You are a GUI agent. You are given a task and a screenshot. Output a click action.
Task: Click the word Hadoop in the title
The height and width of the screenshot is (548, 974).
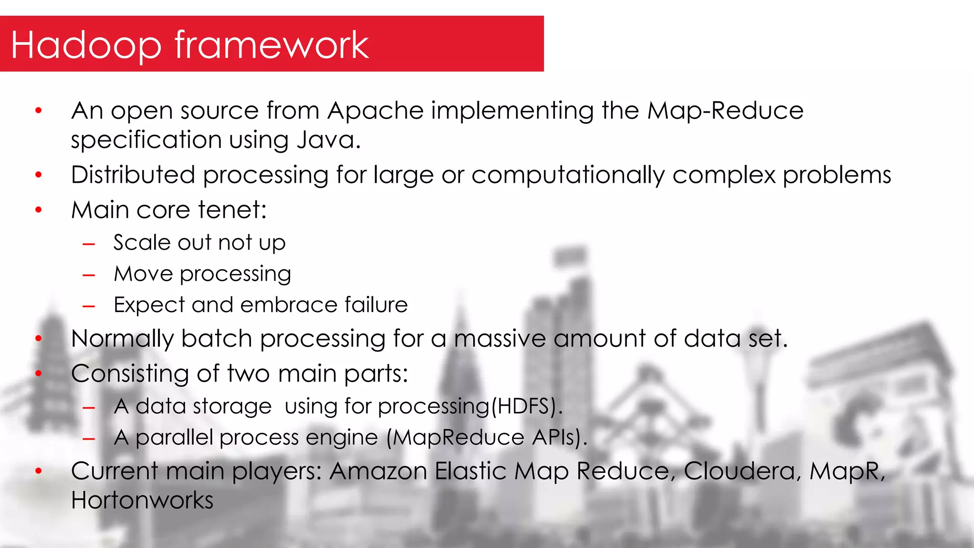[x=86, y=45]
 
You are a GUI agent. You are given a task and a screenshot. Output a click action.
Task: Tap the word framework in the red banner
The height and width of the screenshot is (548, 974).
[x=272, y=45]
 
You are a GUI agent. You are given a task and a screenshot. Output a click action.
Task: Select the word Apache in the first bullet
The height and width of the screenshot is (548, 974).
[x=375, y=111]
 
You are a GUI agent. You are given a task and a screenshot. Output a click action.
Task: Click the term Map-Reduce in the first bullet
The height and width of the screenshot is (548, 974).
[x=725, y=111]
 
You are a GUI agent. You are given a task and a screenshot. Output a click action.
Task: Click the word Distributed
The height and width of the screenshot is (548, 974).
[x=133, y=175]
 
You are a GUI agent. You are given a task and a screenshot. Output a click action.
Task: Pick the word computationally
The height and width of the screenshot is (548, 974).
[x=568, y=175]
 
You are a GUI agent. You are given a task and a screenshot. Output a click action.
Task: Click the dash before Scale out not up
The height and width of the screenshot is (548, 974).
[x=89, y=245]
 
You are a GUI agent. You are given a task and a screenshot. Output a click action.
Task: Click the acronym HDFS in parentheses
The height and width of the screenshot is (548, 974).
[x=523, y=407]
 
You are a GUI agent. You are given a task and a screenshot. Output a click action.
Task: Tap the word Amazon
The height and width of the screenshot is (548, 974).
[x=378, y=471]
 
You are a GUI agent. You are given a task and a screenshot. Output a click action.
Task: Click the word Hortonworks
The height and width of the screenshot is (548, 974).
[x=142, y=500]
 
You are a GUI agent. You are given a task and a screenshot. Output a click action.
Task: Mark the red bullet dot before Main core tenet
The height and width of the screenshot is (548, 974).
[x=39, y=210]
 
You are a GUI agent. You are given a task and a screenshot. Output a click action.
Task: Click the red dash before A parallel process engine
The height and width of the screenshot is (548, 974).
[x=89, y=439]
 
